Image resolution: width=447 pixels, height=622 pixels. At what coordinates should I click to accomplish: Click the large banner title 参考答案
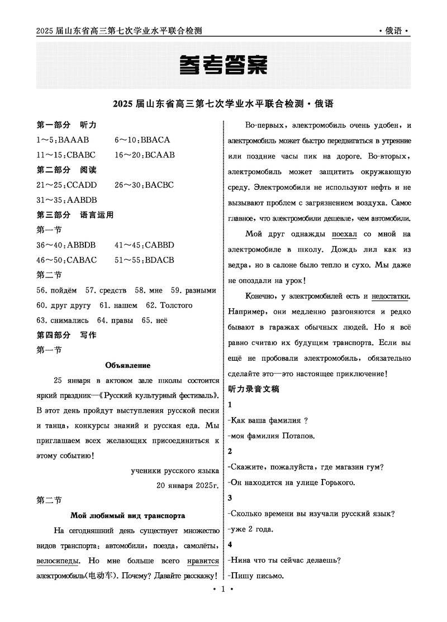[223, 66]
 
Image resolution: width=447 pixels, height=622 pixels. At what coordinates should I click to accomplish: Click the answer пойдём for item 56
[64, 290]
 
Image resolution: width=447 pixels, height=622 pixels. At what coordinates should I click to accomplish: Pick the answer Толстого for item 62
[176, 305]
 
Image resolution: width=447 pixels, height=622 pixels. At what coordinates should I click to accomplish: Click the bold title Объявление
[128, 365]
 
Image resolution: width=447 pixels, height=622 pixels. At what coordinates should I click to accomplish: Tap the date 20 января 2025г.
[188, 485]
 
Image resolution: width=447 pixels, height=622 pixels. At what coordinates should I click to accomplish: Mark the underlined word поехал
[344, 235]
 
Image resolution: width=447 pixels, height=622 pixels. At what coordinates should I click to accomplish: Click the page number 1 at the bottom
[223, 606]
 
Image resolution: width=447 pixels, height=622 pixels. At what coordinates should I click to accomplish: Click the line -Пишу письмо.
[256, 576]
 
